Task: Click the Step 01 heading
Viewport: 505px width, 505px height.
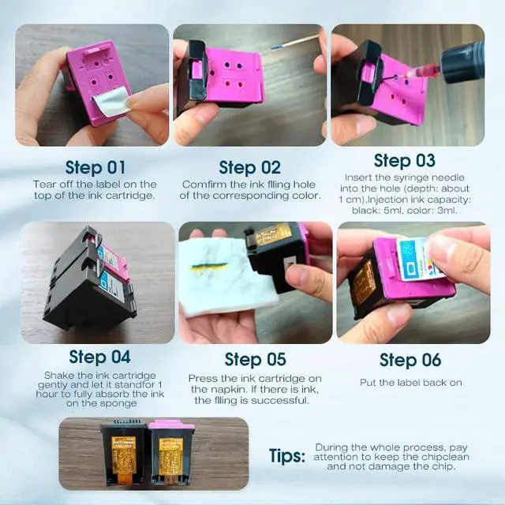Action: coord(95,167)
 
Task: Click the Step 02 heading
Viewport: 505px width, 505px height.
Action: coord(249,167)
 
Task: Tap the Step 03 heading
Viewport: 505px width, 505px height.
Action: coord(405,160)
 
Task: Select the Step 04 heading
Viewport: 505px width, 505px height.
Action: coord(100,357)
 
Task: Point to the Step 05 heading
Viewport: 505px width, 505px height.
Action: coord(256,360)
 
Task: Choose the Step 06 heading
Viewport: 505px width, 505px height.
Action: coord(410,360)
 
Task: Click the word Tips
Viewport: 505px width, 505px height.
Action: coord(287,456)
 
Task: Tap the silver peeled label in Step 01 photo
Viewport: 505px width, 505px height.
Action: coord(112,100)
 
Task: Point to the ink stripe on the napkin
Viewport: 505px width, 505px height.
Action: coord(210,267)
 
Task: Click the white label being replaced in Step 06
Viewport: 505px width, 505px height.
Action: coord(419,258)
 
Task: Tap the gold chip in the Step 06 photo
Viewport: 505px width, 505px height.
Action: coord(363,282)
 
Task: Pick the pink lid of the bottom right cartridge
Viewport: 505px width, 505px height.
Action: coord(171,425)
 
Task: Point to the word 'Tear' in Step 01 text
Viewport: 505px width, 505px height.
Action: coord(43,184)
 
